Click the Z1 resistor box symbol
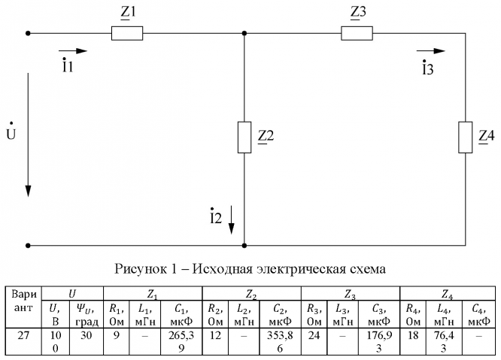click(128, 33)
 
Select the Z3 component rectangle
click(357, 33)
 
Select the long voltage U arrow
click(29, 135)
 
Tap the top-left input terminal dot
click(29, 33)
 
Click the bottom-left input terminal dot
click(29, 245)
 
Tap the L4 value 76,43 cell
click(439, 335)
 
